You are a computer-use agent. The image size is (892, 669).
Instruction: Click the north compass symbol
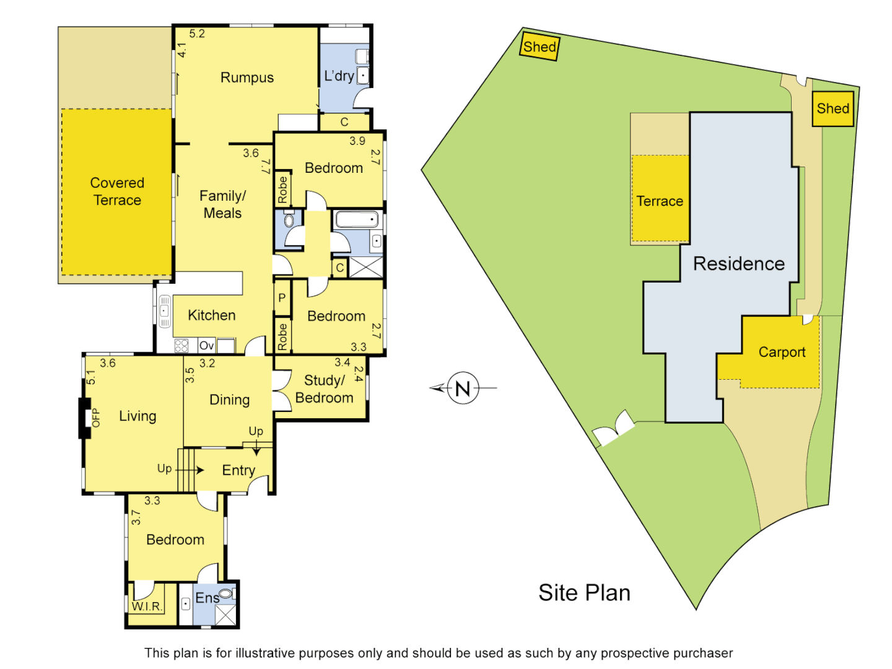(x=463, y=388)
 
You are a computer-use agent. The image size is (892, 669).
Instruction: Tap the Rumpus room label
(x=247, y=77)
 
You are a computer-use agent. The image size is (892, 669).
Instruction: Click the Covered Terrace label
(x=116, y=191)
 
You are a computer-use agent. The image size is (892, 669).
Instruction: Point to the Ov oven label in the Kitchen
(x=206, y=346)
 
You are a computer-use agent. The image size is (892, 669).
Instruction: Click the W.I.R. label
(x=147, y=606)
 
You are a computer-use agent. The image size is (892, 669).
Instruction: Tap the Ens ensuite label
(x=207, y=598)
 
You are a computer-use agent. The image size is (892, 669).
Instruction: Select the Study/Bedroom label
(x=324, y=389)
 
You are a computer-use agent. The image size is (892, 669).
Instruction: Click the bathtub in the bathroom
(x=356, y=219)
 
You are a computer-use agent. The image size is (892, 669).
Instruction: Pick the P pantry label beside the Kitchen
(x=282, y=298)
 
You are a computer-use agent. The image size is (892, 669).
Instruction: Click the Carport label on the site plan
(x=782, y=352)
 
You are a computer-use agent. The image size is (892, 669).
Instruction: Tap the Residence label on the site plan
(x=738, y=264)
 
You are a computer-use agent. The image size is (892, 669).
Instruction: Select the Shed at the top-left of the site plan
(x=540, y=47)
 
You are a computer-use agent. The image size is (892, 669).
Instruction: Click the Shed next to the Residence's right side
(x=833, y=108)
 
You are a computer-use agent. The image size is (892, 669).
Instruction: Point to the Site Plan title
(x=584, y=593)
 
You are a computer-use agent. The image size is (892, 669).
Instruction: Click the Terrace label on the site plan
(x=660, y=201)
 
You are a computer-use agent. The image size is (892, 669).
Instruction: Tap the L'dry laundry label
(x=339, y=76)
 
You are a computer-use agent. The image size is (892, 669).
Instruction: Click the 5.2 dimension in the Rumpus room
(x=197, y=34)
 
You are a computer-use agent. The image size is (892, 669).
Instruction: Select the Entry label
(x=238, y=471)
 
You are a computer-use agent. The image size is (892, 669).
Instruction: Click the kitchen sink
(x=165, y=311)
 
